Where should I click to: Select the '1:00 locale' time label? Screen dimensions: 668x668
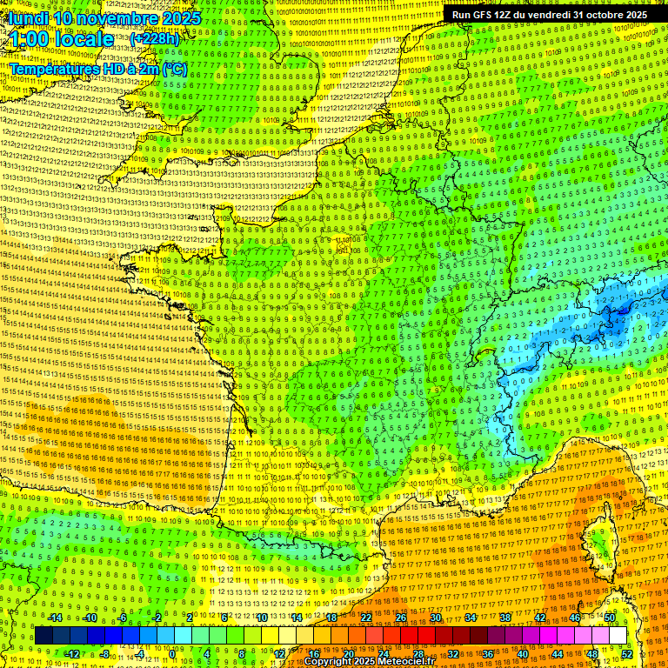62,39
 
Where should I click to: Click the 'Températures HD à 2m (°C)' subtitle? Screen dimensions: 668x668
98,69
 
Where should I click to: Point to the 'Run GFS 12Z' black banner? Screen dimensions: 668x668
549,15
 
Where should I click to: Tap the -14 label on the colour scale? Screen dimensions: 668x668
54,618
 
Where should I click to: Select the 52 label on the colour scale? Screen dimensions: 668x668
627,653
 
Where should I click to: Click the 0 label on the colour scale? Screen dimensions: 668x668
173,653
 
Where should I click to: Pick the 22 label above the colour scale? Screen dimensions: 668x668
366,618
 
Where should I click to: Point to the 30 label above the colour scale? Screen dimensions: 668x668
436,618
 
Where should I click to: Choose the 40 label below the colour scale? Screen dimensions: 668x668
523,653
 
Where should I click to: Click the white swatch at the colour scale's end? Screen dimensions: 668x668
618,636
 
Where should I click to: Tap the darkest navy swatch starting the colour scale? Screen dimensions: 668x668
44,636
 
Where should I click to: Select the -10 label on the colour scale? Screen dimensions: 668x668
89,618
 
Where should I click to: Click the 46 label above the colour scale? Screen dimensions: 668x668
575,618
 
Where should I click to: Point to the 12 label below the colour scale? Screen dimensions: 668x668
279,653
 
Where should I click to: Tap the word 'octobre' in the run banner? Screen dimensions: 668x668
602,15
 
